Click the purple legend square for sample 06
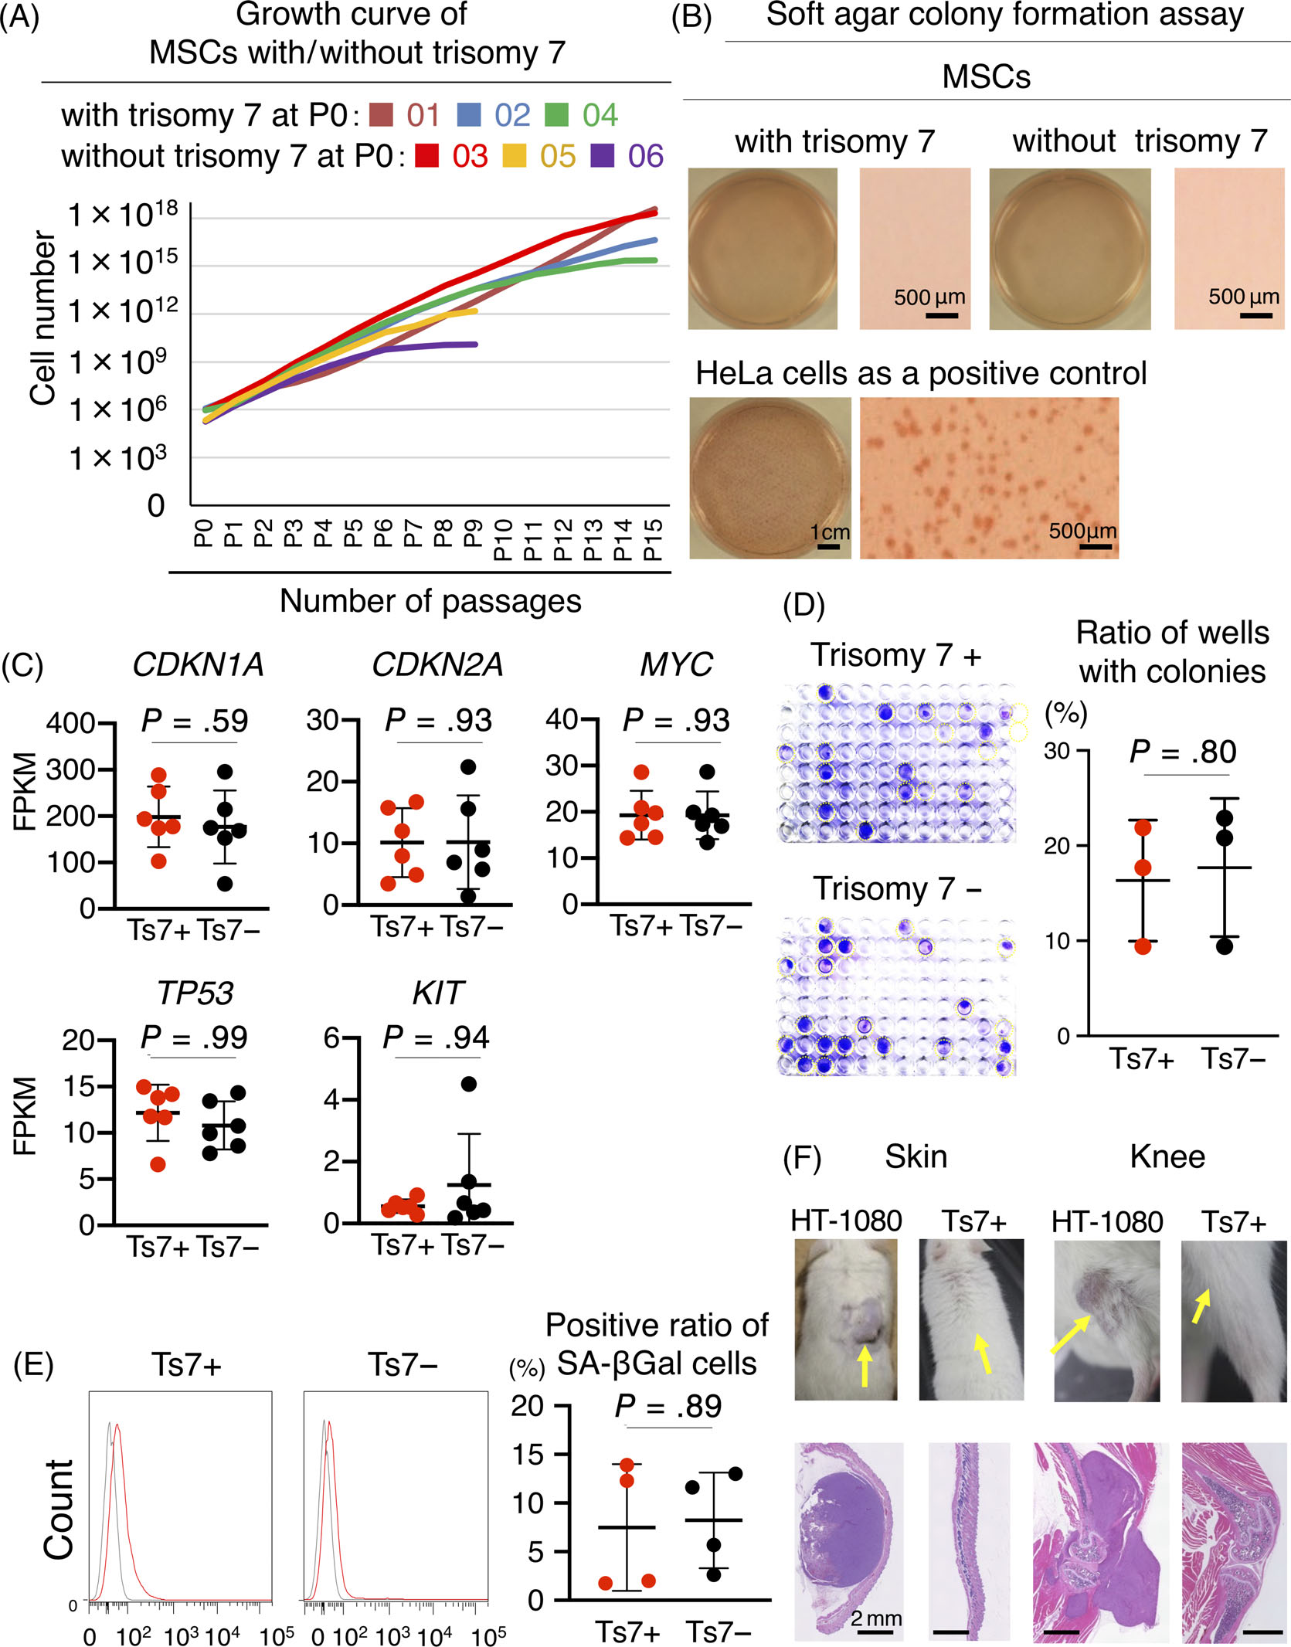click(x=603, y=155)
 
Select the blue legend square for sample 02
click(x=469, y=114)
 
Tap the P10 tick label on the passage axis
click(x=503, y=540)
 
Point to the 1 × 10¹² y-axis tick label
click(x=123, y=311)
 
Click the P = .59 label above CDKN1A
click(x=195, y=721)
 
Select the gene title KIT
click(x=437, y=993)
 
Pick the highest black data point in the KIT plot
click(x=468, y=1084)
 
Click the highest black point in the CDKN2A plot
click(x=468, y=767)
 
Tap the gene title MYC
click(x=676, y=665)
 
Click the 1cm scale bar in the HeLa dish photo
click(x=828, y=546)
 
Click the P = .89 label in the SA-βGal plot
click(x=668, y=1406)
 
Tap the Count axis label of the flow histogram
click(x=59, y=1509)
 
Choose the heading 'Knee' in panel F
click(x=1167, y=1157)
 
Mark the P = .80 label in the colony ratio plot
click(x=1182, y=752)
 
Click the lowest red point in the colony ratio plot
click(x=1143, y=946)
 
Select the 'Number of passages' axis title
click(x=430, y=601)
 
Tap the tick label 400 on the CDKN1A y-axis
click(x=70, y=724)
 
